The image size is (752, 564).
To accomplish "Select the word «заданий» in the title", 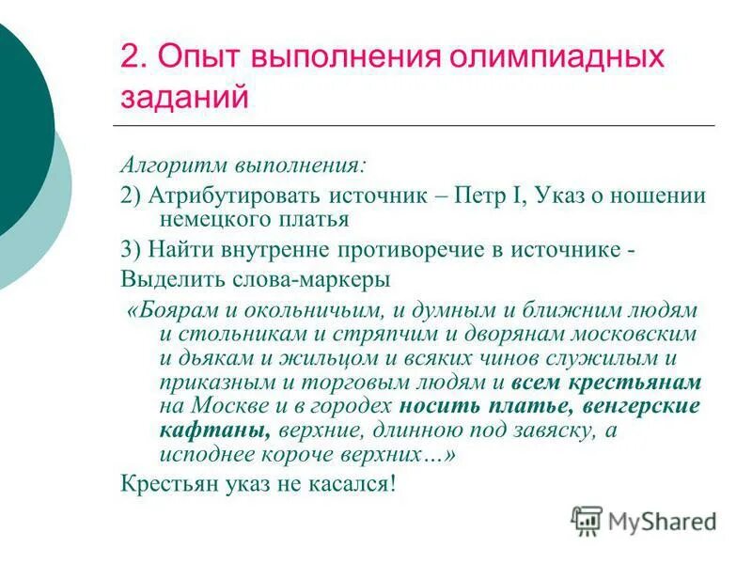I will [185, 97].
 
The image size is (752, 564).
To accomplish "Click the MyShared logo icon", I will [587, 520].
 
